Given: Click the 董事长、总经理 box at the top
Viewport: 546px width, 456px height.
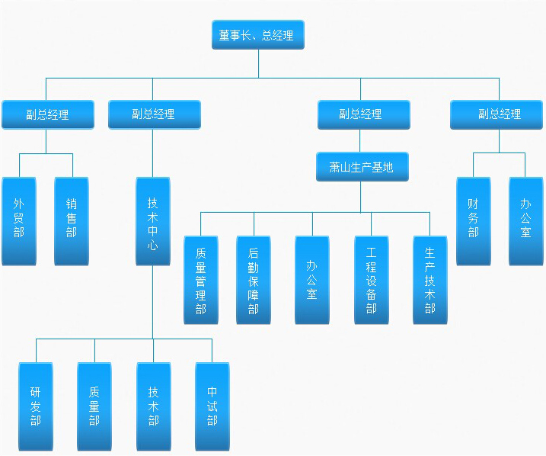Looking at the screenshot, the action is click(x=258, y=34).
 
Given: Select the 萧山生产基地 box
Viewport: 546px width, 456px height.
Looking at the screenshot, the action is click(x=362, y=167).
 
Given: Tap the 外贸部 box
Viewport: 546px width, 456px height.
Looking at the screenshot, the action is click(x=19, y=221).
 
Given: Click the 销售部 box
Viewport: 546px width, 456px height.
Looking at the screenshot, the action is click(x=72, y=221).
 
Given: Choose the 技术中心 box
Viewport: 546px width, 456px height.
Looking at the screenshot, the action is click(x=153, y=221).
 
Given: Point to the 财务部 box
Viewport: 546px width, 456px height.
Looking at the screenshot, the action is click(x=474, y=221).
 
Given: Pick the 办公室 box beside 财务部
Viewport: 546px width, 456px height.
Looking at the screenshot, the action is click(x=525, y=221).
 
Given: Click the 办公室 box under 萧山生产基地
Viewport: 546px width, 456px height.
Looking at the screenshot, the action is click(x=312, y=280).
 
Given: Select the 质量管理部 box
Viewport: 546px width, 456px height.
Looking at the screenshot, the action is click(x=201, y=280).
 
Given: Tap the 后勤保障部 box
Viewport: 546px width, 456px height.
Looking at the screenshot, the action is click(x=254, y=280).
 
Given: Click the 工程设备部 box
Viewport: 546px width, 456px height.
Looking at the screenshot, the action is click(x=371, y=280).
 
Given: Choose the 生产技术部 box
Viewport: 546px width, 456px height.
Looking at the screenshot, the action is click(x=430, y=280).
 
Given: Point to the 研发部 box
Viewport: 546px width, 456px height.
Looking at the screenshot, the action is click(x=36, y=406).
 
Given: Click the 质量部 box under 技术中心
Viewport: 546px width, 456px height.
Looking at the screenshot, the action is click(x=94, y=406).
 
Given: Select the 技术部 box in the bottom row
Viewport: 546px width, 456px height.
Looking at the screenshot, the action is click(x=154, y=406).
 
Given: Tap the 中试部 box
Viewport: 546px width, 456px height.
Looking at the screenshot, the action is click(x=212, y=406).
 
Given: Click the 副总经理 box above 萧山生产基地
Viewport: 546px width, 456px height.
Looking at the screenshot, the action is click(x=364, y=114).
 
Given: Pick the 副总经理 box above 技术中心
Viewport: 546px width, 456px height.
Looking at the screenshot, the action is click(x=155, y=114).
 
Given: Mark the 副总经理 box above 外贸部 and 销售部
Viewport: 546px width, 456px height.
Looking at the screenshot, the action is click(x=48, y=114).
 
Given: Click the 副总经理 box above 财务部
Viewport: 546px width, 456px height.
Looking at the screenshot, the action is click(x=497, y=114).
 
